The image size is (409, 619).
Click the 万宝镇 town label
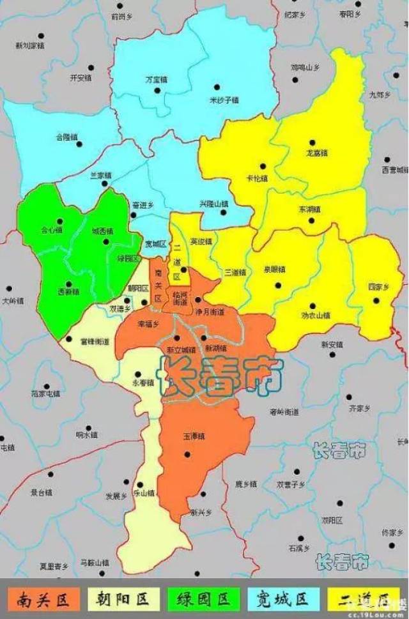[x=156, y=80]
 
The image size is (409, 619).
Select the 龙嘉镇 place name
[x=317, y=153]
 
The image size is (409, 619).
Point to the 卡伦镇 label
[x=257, y=178]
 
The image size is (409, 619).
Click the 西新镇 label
[x=68, y=291]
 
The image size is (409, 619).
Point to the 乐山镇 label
[x=144, y=493]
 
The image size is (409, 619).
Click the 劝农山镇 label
[x=316, y=315]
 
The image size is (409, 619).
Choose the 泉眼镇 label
[x=277, y=269]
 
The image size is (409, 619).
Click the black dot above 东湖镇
[x=311, y=220]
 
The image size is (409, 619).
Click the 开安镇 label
[x=81, y=78]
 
